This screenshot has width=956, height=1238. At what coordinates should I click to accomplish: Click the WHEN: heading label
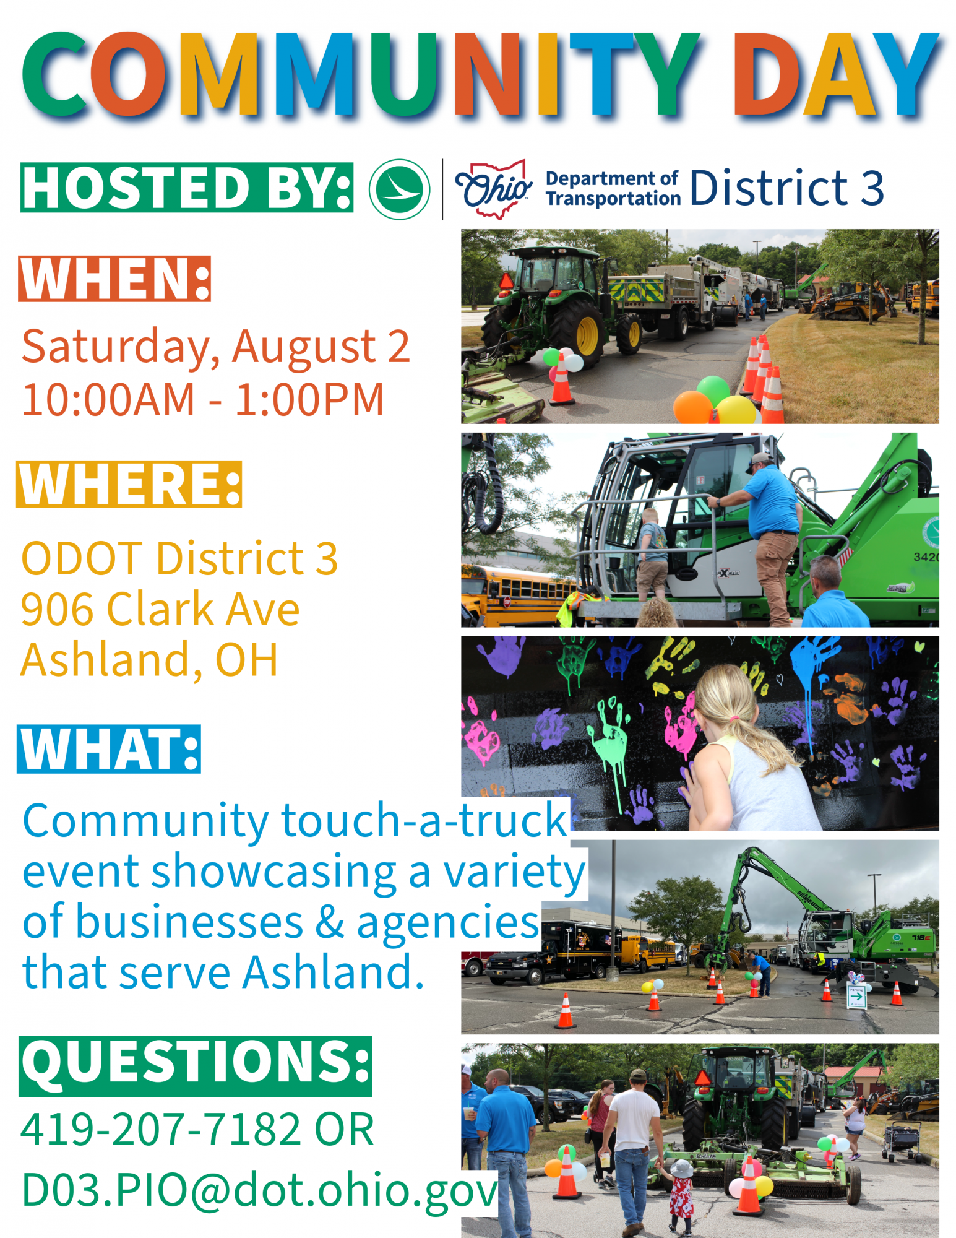click(114, 279)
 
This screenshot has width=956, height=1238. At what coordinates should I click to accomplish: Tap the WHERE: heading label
click(129, 484)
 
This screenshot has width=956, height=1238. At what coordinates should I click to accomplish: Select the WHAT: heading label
click(109, 749)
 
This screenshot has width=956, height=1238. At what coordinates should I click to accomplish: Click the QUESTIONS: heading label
click(196, 1066)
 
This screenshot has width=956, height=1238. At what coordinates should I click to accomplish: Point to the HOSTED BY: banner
click(187, 188)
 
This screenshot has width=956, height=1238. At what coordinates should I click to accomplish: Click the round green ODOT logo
click(400, 189)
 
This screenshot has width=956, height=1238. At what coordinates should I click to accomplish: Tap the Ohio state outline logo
click(494, 189)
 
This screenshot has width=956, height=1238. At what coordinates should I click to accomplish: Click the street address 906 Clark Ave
click(160, 609)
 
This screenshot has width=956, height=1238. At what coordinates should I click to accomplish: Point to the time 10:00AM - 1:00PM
click(203, 399)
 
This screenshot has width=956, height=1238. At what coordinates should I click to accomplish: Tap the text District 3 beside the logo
click(786, 188)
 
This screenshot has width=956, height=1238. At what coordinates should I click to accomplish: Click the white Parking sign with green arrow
click(856, 995)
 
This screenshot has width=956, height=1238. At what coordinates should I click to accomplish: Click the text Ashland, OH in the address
click(149, 660)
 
